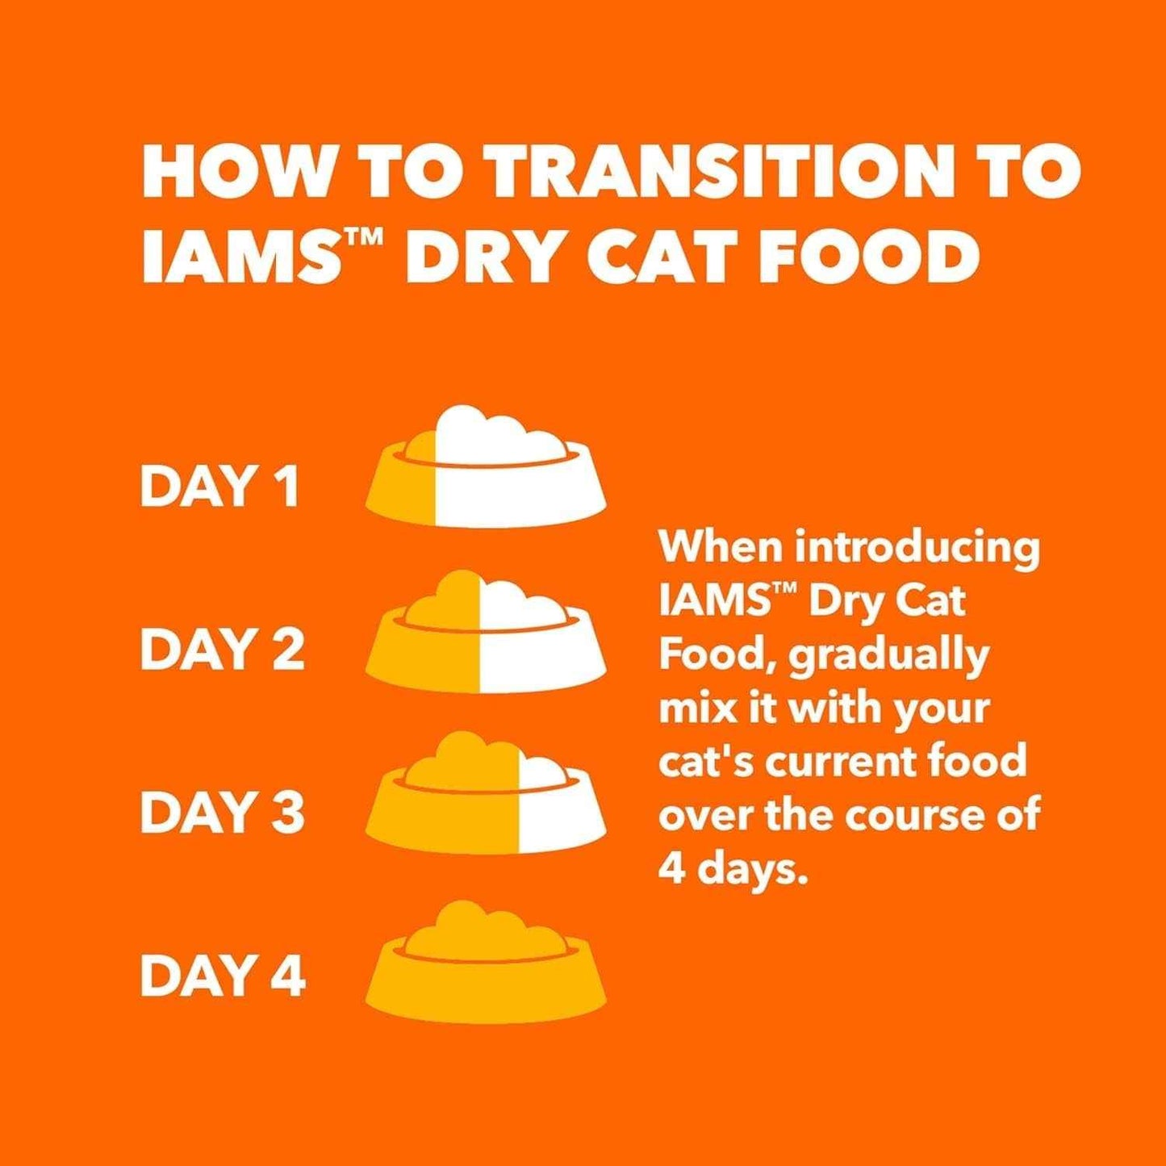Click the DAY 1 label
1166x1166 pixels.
click(x=219, y=487)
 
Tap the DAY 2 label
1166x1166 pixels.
click(x=223, y=650)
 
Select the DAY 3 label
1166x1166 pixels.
click(x=223, y=813)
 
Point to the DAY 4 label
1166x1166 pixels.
click(x=223, y=976)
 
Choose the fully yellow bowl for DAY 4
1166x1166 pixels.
click(x=486, y=964)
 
